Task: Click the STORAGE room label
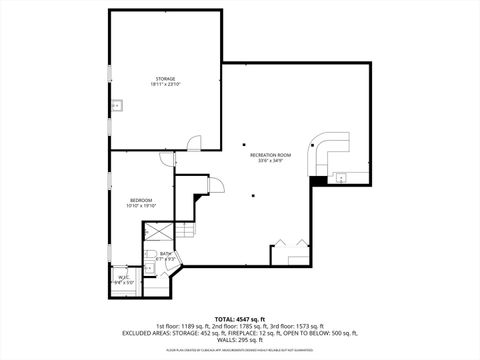click(x=164, y=78)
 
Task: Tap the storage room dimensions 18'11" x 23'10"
click(x=164, y=84)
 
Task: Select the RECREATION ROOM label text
click(x=270, y=155)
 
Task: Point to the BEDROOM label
click(x=141, y=200)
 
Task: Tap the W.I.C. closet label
click(x=123, y=277)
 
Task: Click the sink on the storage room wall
click(x=116, y=104)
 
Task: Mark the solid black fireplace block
click(x=318, y=180)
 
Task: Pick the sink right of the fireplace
click(x=340, y=179)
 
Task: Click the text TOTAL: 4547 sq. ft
click(x=239, y=317)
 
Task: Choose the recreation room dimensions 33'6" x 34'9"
click(x=270, y=161)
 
